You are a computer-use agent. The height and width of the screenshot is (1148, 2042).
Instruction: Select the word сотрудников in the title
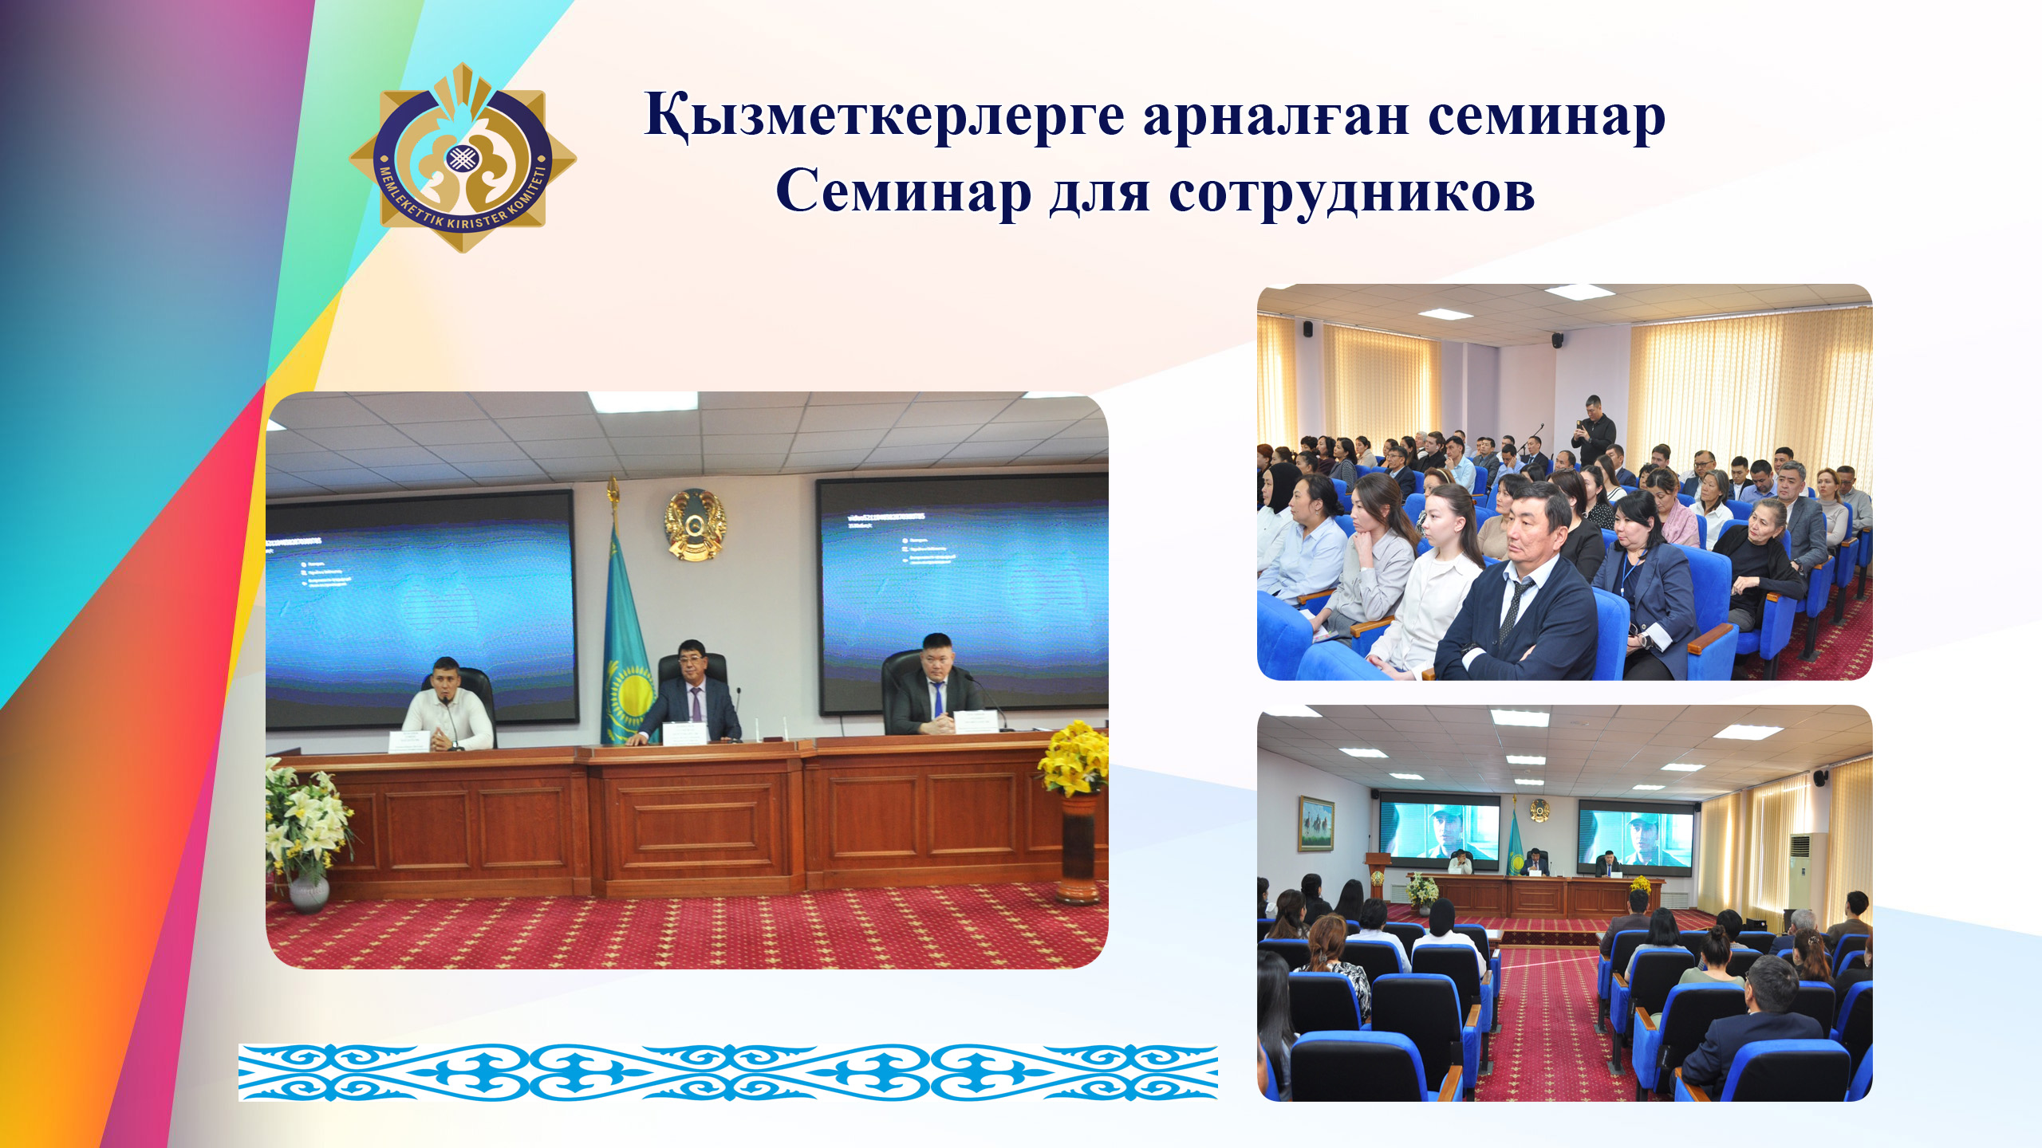[x=1351, y=193]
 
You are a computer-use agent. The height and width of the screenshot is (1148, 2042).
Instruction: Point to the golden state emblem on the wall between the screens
[x=696, y=525]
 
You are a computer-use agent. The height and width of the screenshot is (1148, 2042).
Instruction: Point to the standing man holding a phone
[x=1593, y=431]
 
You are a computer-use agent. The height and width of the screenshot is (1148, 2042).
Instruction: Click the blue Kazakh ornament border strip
[x=727, y=1072]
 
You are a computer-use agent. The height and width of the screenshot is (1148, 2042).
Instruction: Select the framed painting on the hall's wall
[x=1315, y=824]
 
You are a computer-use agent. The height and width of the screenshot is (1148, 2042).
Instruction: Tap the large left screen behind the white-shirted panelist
[x=420, y=606]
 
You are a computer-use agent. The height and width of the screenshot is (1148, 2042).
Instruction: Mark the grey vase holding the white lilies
[x=309, y=891]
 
